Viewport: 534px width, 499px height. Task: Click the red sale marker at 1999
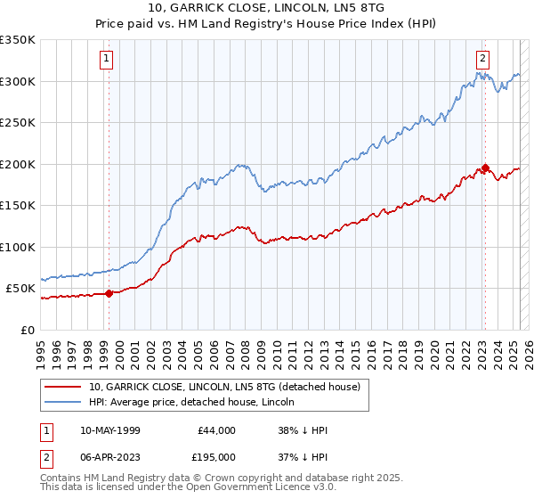pos(109,293)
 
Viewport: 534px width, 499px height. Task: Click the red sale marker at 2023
pos(485,168)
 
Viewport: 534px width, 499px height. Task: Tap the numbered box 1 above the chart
pos(106,60)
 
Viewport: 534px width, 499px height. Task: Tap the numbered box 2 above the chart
pos(482,60)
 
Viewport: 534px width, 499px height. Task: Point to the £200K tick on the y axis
pos(18,164)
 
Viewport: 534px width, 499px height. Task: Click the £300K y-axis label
pos(18,81)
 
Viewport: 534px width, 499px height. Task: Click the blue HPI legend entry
pos(197,403)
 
